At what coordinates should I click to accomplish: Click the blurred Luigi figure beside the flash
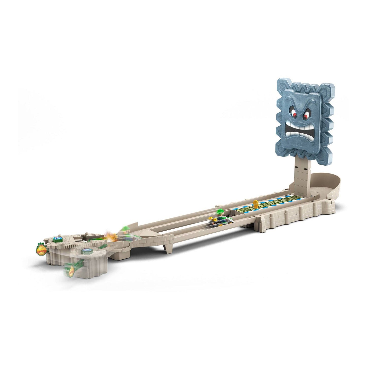pos(124,232)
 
